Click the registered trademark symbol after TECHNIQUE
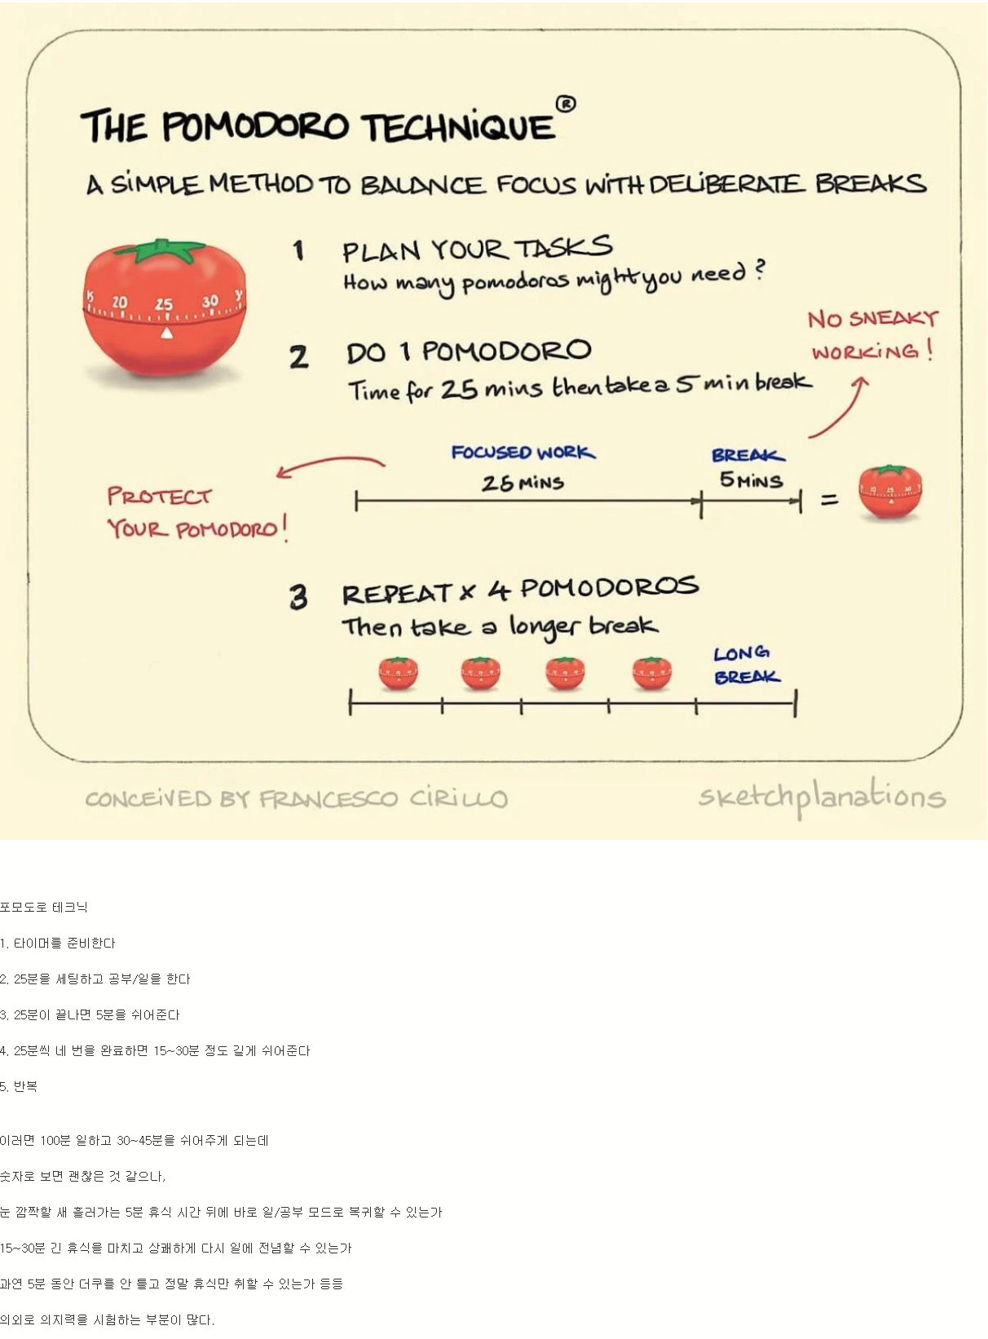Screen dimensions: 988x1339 click(x=566, y=104)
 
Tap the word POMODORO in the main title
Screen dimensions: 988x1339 click(x=255, y=126)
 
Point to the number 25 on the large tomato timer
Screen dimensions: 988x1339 click(x=164, y=304)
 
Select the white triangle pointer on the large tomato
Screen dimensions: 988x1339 click(x=166, y=333)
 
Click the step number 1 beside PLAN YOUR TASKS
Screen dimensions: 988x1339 click(x=299, y=250)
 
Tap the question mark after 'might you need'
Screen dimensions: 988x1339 click(x=759, y=270)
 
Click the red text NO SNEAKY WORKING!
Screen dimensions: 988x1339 click(x=872, y=335)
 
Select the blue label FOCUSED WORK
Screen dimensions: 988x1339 click(x=523, y=453)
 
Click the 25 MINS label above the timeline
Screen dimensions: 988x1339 click(x=523, y=483)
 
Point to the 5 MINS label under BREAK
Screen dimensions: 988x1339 click(x=751, y=480)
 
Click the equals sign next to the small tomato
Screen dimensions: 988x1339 click(x=829, y=499)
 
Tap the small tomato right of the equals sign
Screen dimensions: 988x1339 click(x=890, y=493)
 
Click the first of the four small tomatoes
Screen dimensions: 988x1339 click(x=398, y=674)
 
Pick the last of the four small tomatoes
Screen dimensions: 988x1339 click(x=652, y=674)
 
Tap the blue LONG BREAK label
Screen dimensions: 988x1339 click(x=746, y=665)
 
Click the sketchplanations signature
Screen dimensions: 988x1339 click(x=822, y=797)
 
